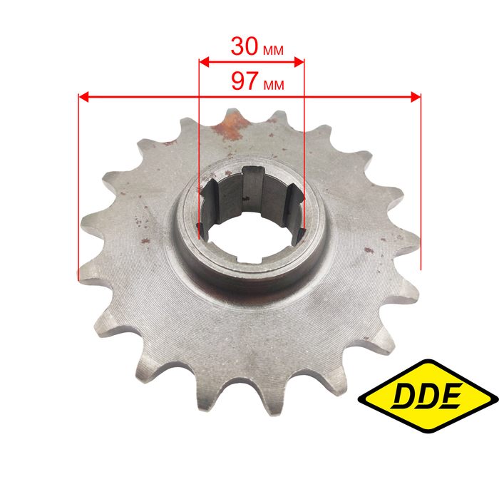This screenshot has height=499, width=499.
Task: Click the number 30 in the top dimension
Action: (x=245, y=46)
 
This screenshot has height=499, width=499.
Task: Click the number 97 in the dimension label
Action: (x=245, y=81)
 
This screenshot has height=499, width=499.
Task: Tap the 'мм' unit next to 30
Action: (x=273, y=51)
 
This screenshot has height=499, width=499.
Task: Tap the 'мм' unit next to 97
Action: (x=274, y=85)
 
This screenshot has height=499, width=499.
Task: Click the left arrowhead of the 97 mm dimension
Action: (x=83, y=97)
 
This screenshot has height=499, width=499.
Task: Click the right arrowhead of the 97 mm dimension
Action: (x=416, y=97)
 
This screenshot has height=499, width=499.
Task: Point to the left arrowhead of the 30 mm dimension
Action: (x=204, y=63)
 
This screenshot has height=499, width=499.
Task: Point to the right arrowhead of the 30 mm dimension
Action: (x=299, y=63)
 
